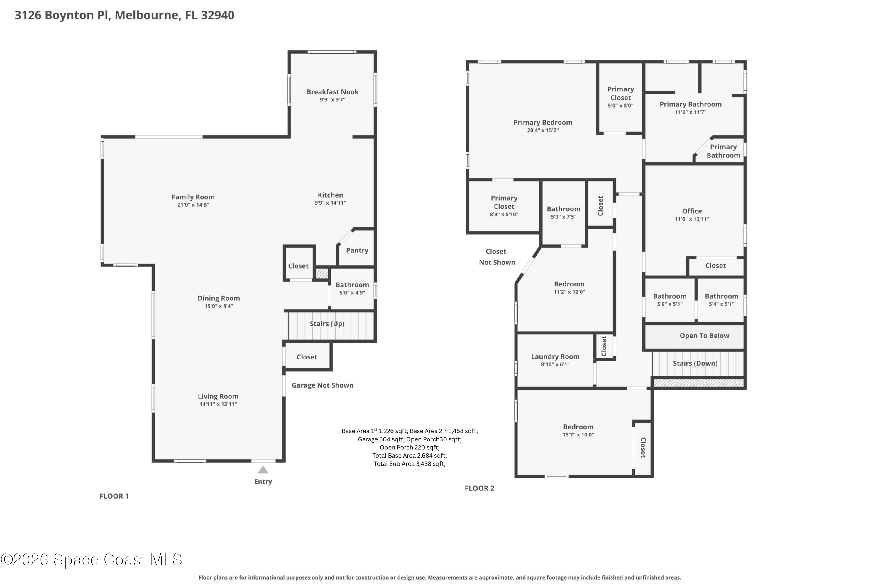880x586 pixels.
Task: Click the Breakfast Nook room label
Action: [x=332, y=91]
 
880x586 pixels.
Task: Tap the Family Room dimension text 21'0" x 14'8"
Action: [x=193, y=205]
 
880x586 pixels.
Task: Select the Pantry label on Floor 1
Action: [x=357, y=250]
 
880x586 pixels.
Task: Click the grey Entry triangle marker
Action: [x=263, y=470]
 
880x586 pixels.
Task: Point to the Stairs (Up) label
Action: [x=327, y=323]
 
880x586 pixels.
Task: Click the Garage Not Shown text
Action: [x=322, y=385]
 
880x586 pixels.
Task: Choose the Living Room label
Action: [x=218, y=396]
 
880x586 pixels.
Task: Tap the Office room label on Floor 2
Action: [x=691, y=211]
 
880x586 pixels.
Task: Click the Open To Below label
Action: [x=704, y=335]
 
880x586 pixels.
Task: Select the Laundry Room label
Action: [x=555, y=356]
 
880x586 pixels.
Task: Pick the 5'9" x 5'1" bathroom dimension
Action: [x=669, y=304]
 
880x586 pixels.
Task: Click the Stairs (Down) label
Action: [x=695, y=363]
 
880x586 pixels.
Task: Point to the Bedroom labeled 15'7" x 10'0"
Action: [x=578, y=427]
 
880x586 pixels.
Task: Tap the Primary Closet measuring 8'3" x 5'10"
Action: [x=504, y=202]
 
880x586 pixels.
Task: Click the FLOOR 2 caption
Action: [x=479, y=488]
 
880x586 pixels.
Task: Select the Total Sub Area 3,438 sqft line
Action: [x=409, y=463]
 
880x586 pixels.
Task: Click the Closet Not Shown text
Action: [x=497, y=257]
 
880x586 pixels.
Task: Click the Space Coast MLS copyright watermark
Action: [x=91, y=559]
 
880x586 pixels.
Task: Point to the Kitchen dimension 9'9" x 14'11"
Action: [x=330, y=203]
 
